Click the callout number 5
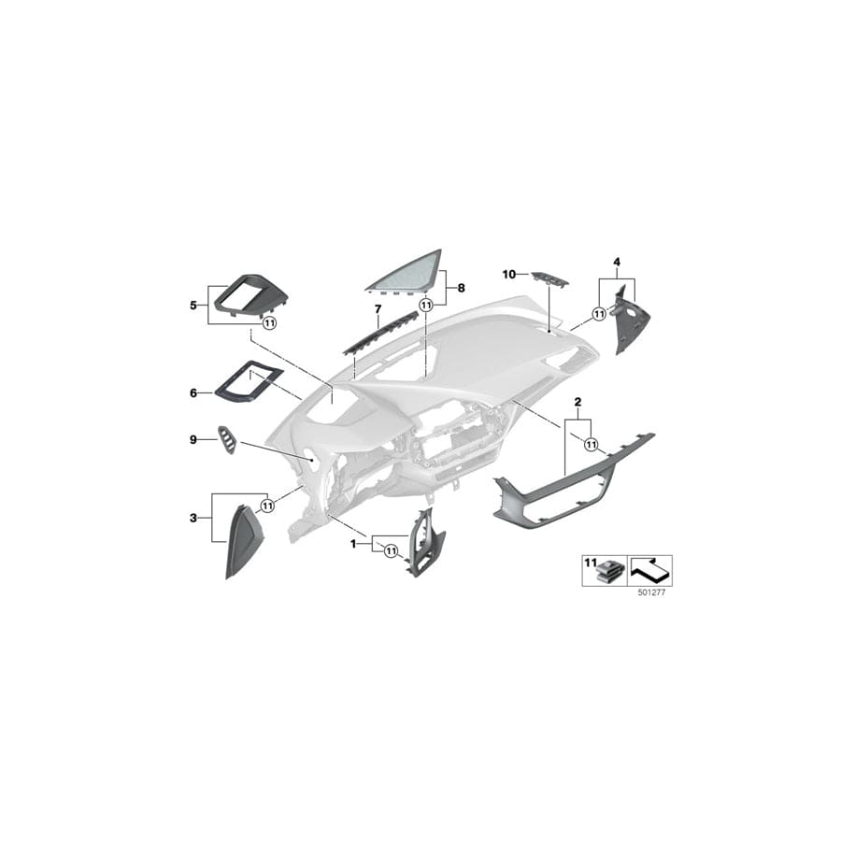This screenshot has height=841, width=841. click(x=192, y=305)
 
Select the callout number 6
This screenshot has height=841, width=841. click(x=192, y=393)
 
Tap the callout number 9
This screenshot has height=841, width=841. click(x=192, y=438)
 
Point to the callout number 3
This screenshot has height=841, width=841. click(x=192, y=516)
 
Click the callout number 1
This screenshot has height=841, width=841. click(x=353, y=543)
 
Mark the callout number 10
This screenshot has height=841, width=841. click(x=508, y=274)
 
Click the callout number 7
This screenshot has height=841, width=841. click(x=378, y=307)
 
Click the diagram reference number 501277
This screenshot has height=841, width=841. click(x=650, y=592)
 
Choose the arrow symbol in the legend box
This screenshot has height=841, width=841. click(x=650, y=567)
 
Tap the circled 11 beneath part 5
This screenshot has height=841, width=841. click(x=269, y=323)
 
